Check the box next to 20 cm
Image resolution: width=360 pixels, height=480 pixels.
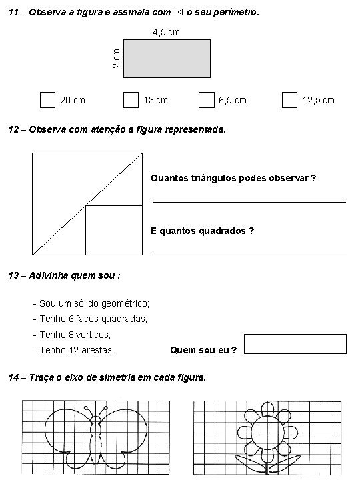click(47, 100)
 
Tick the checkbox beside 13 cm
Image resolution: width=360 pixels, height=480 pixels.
click(131, 100)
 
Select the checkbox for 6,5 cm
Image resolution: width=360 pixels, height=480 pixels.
click(206, 100)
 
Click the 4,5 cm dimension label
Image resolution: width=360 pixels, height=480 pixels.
click(166, 31)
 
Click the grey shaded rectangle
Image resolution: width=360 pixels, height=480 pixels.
click(167, 59)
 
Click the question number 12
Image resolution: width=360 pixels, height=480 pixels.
click(14, 129)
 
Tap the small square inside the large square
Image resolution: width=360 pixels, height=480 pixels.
click(113, 230)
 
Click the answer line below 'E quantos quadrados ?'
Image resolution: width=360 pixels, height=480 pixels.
click(250, 253)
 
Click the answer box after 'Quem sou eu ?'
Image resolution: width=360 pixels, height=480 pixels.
click(295, 344)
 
